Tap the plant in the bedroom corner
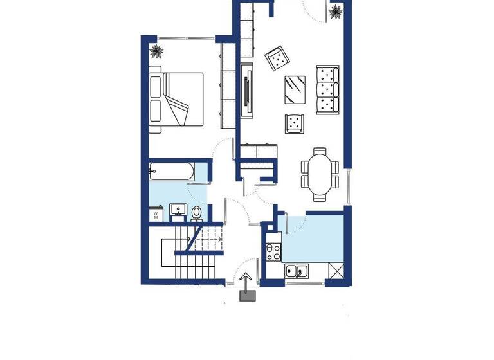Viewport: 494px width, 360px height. [155, 51]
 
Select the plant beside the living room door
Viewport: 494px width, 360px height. [335, 12]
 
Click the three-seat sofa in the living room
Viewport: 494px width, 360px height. [327, 89]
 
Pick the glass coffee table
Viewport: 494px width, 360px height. [296, 89]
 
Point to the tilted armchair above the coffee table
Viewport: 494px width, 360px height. [277, 59]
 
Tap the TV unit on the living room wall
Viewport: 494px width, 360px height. [248, 89]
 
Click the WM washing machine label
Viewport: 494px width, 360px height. [156, 213]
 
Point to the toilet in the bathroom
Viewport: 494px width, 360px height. [197, 213]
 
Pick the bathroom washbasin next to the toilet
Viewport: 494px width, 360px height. [178, 210]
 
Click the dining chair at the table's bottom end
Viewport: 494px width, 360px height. [320, 197]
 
